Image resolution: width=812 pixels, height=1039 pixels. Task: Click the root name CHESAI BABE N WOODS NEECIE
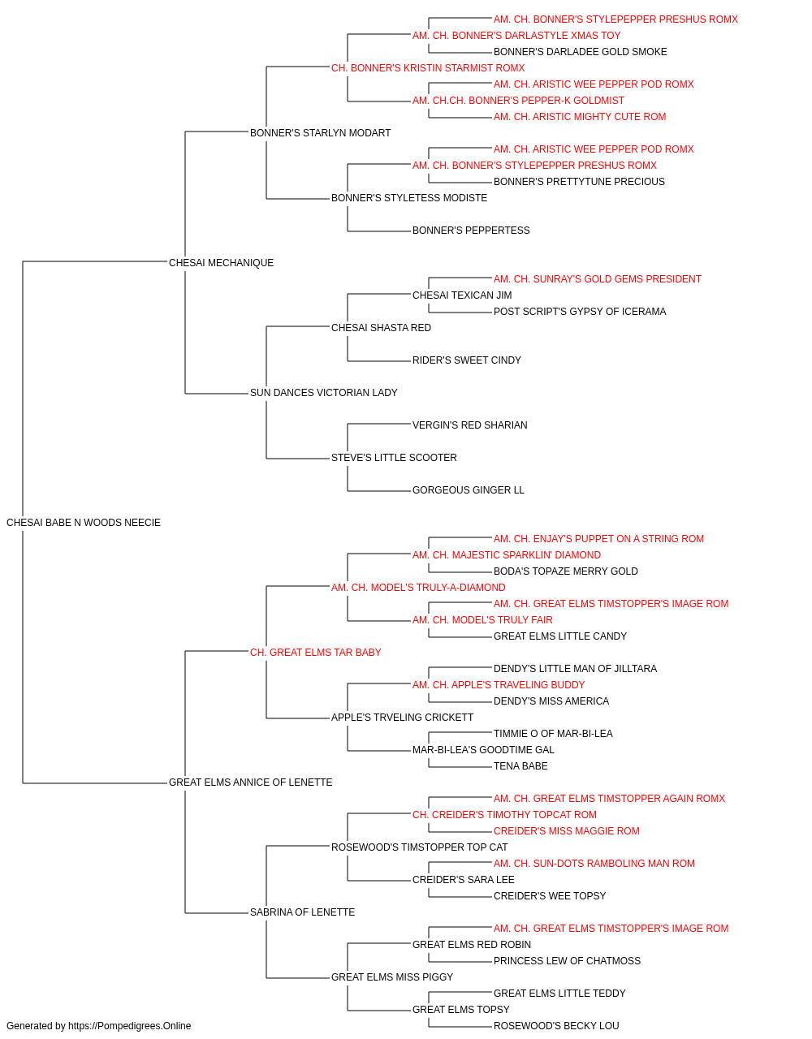tap(84, 523)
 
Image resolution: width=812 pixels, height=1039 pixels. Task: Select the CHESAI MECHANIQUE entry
tap(221, 263)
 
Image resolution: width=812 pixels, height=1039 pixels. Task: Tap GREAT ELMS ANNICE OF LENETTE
tap(250, 782)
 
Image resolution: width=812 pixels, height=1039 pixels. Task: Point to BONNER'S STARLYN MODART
tap(320, 133)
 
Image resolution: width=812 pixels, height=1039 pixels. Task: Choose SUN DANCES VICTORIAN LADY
tap(323, 393)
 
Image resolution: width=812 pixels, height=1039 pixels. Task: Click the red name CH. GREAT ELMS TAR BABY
tap(315, 653)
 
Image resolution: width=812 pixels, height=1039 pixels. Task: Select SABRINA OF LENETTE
tap(302, 912)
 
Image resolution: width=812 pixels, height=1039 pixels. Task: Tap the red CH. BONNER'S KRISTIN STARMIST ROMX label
tap(428, 68)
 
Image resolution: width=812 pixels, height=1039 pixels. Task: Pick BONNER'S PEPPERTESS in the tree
tap(471, 231)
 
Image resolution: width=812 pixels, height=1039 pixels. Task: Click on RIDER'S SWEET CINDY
tap(466, 360)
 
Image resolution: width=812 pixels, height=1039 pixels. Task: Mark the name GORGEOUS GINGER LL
tap(468, 490)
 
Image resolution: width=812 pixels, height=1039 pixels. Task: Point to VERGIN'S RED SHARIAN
tap(469, 425)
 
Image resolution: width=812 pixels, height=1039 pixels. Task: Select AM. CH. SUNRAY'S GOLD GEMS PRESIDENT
tap(598, 279)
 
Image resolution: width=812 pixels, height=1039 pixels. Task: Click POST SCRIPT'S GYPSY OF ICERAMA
tap(580, 312)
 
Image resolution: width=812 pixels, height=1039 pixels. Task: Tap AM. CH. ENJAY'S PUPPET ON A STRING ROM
tap(598, 539)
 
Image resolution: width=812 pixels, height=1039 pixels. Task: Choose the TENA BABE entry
tap(520, 766)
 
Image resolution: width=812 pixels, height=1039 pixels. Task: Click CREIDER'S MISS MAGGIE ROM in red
tap(566, 831)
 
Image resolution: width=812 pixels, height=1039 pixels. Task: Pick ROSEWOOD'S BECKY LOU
tap(556, 1026)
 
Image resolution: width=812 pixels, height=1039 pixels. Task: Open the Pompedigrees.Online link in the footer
tap(129, 1026)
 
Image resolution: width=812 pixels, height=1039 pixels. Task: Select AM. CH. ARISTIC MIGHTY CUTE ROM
tap(580, 117)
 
